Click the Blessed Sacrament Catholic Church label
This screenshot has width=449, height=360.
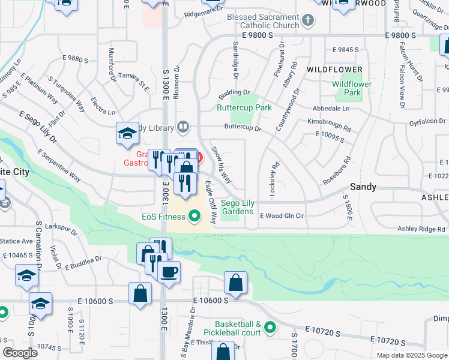[x=262, y=22]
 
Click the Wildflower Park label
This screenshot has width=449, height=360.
[x=351, y=89]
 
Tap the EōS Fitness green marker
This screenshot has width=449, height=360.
[x=194, y=215]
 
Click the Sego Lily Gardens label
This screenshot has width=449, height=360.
[x=238, y=207]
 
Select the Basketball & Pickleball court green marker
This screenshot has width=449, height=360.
[x=270, y=328]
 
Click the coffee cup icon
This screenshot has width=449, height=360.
[x=169, y=271]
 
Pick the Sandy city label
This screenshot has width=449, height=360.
[x=363, y=187]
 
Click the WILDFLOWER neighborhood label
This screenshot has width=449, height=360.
[x=334, y=70]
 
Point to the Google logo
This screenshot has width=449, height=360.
[x=20, y=353]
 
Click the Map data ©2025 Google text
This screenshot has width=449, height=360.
[x=412, y=355]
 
